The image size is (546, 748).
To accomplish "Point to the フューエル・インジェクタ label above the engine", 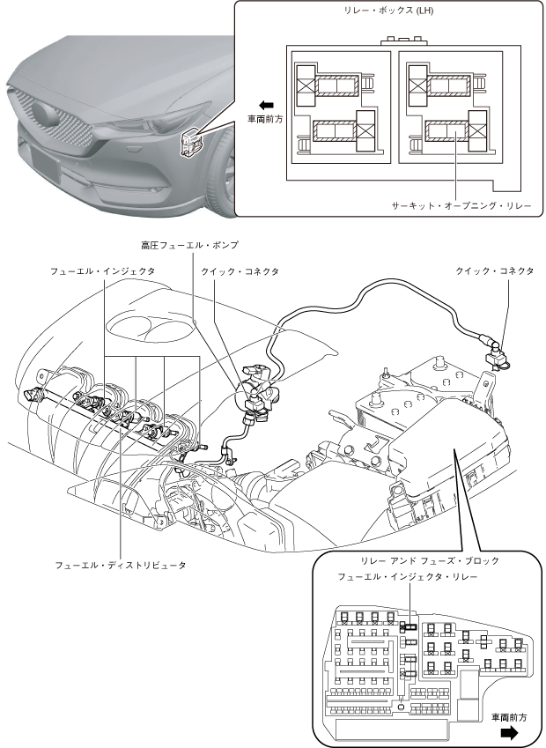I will tap(102, 271).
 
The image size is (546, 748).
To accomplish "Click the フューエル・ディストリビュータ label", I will tap(121, 564).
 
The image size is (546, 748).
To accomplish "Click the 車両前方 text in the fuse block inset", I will tap(510, 717).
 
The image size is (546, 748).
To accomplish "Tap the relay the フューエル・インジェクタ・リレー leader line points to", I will tap(408, 626).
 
